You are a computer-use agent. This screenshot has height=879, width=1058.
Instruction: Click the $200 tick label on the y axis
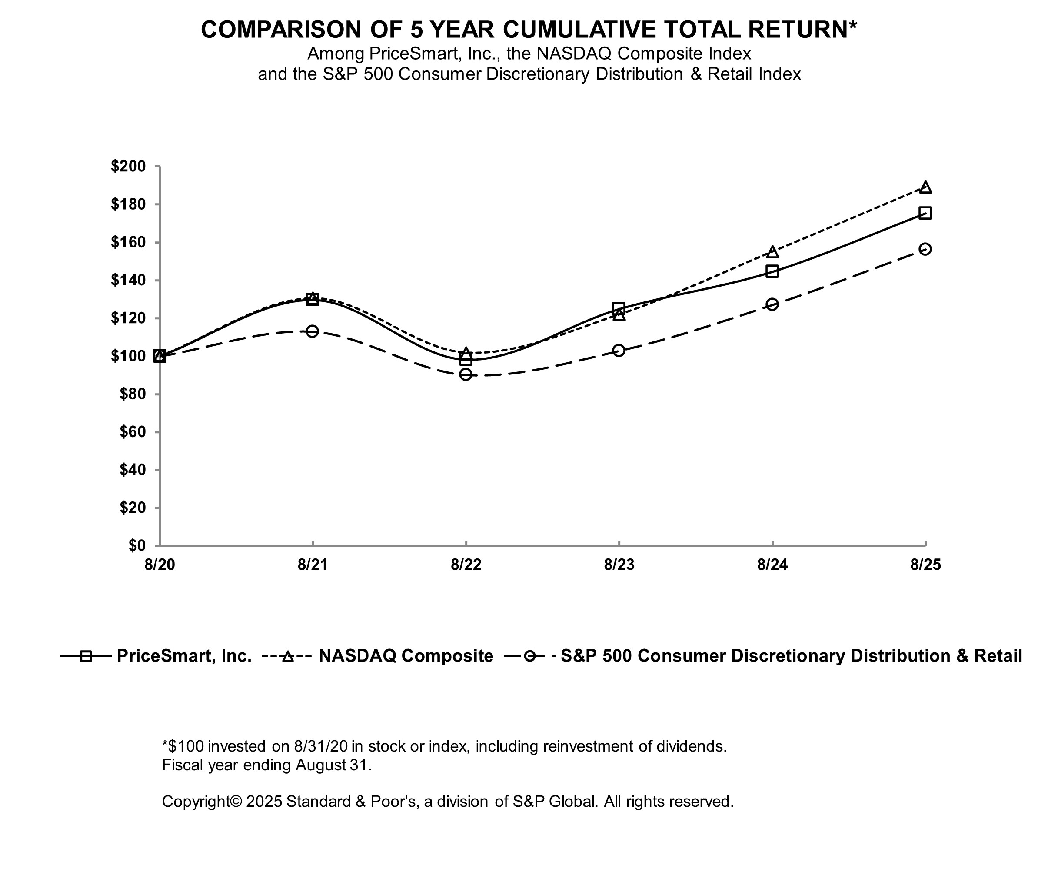click(128, 166)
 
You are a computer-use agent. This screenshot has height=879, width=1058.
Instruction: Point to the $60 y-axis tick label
click(133, 432)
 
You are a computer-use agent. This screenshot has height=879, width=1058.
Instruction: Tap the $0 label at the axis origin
click(136, 545)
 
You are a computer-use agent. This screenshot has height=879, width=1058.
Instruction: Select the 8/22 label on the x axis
click(466, 565)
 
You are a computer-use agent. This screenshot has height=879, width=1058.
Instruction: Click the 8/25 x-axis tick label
click(925, 565)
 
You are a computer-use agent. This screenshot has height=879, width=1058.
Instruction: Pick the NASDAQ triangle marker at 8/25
click(925, 187)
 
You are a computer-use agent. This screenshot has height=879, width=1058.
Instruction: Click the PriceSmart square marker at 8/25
click(925, 213)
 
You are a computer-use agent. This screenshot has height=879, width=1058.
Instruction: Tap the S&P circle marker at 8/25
click(925, 249)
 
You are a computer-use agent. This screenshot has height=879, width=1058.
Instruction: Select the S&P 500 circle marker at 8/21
click(313, 331)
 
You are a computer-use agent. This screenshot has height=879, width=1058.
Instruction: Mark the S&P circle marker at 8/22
click(466, 374)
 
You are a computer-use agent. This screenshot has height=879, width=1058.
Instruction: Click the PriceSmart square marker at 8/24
click(772, 271)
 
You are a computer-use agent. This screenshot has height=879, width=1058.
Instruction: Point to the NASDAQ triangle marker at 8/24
click(772, 252)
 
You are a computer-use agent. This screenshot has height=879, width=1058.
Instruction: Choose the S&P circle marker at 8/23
click(619, 350)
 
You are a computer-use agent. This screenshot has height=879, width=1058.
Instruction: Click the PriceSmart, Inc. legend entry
click(156, 656)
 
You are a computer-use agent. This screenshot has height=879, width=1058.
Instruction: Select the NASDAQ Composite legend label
click(406, 656)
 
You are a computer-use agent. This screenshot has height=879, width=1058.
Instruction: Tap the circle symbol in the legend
click(529, 656)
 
